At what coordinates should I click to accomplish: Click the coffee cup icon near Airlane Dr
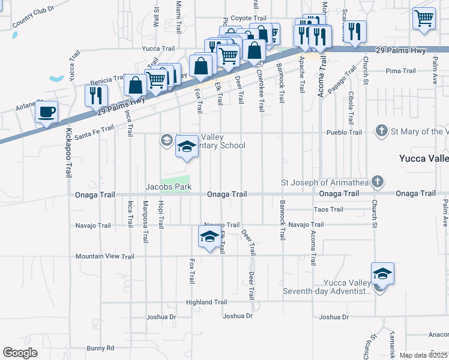(47, 112)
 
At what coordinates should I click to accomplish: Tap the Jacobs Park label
(169, 187)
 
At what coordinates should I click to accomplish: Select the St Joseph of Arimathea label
(325, 182)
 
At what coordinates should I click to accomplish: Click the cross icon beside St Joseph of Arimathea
(377, 181)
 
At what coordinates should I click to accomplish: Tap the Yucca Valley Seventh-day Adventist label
(336, 287)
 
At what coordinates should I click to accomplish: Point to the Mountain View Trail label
(105, 256)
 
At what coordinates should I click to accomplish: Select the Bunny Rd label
(100, 347)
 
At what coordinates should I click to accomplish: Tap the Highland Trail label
(206, 302)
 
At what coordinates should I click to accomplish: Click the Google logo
(20, 353)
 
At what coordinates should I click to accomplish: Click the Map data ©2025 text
(424, 355)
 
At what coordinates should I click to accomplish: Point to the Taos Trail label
(329, 209)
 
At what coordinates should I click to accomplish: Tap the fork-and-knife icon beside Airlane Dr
(95, 95)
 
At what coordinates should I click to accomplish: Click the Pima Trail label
(401, 71)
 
